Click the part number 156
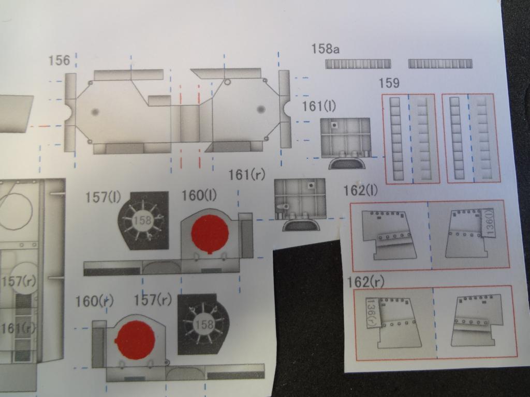pyautogui.click(x=59, y=60)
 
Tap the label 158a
pyautogui.click(x=325, y=49)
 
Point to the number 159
pyautogui.click(x=389, y=83)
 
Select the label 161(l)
pyautogui.click(x=319, y=106)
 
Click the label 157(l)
pyautogui.click(x=103, y=197)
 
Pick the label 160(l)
pyautogui.click(x=199, y=195)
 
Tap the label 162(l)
pyautogui.click(x=360, y=191)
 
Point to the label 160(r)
pyautogui.click(x=94, y=301)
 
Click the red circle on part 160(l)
pyautogui.click(x=210, y=234)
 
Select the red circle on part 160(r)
pyautogui.click(x=135, y=340)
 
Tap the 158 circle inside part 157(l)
pyautogui.click(x=142, y=220)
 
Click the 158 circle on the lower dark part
pyautogui.click(x=204, y=325)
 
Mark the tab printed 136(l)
pyautogui.click(x=489, y=223)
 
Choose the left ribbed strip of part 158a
pyautogui.click(x=358, y=64)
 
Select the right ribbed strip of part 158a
pyautogui.click(x=440, y=64)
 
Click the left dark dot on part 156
pyautogui.click(x=95, y=112)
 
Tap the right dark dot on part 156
pyautogui.click(x=261, y=109)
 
